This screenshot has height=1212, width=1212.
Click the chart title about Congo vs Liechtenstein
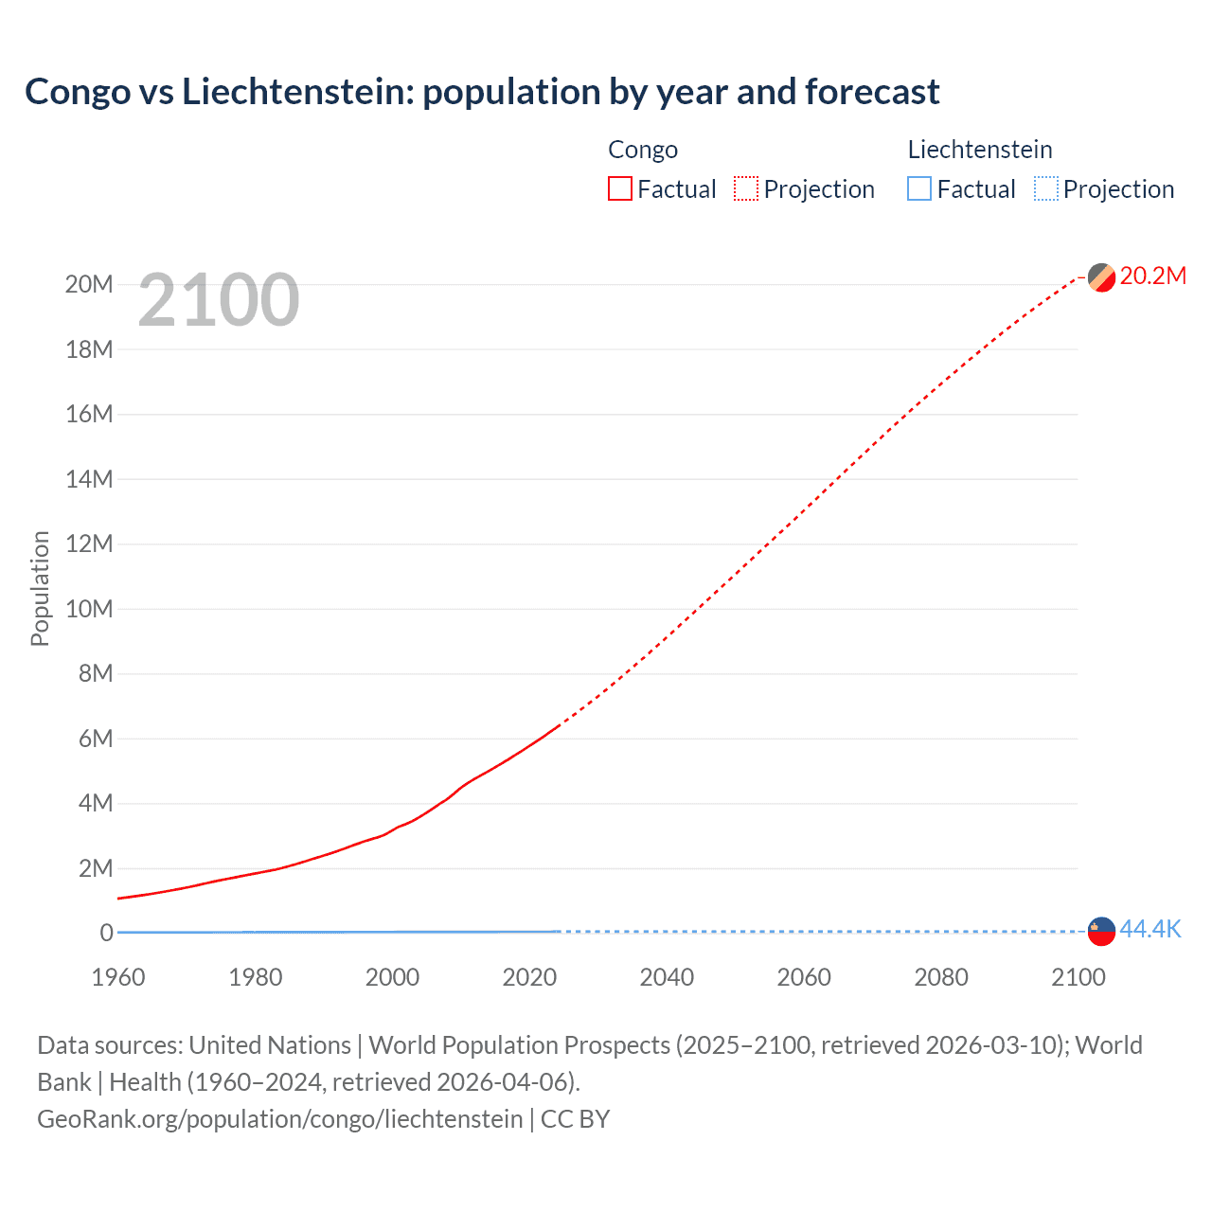tap(482, 92)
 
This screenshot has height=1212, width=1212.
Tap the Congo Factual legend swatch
tap(620, 189)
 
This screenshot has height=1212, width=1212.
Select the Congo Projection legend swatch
tap(746, 189)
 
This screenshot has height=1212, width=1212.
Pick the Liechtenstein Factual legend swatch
tap(919, 189)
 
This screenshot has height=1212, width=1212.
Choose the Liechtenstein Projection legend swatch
tap(1046, 189)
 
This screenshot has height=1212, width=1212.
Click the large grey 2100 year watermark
tap(219, 301)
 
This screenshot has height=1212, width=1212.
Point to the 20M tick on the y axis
tap(89, 285)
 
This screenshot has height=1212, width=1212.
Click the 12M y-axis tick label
tap(89, 544)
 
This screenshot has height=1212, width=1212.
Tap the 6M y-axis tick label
tap(95, 739)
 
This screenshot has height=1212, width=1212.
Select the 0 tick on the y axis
tap(106, 933)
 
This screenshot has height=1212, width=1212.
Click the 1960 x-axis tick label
tap(118, 977)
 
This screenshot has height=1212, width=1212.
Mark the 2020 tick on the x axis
tap(529, 977)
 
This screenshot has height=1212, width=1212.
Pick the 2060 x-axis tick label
tap(804, 977)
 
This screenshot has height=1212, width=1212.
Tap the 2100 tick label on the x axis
tap(1078, 977)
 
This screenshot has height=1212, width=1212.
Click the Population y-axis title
tap(40, 588)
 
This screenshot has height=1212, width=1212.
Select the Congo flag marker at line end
tap(1101, 277)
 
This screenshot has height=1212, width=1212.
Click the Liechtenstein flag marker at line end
tap(1101, 931)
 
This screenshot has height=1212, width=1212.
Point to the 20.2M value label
tap(1152, 276)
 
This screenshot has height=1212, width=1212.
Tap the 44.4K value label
tap(1150, 929)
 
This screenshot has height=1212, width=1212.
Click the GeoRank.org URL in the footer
tap(279, 1119)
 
